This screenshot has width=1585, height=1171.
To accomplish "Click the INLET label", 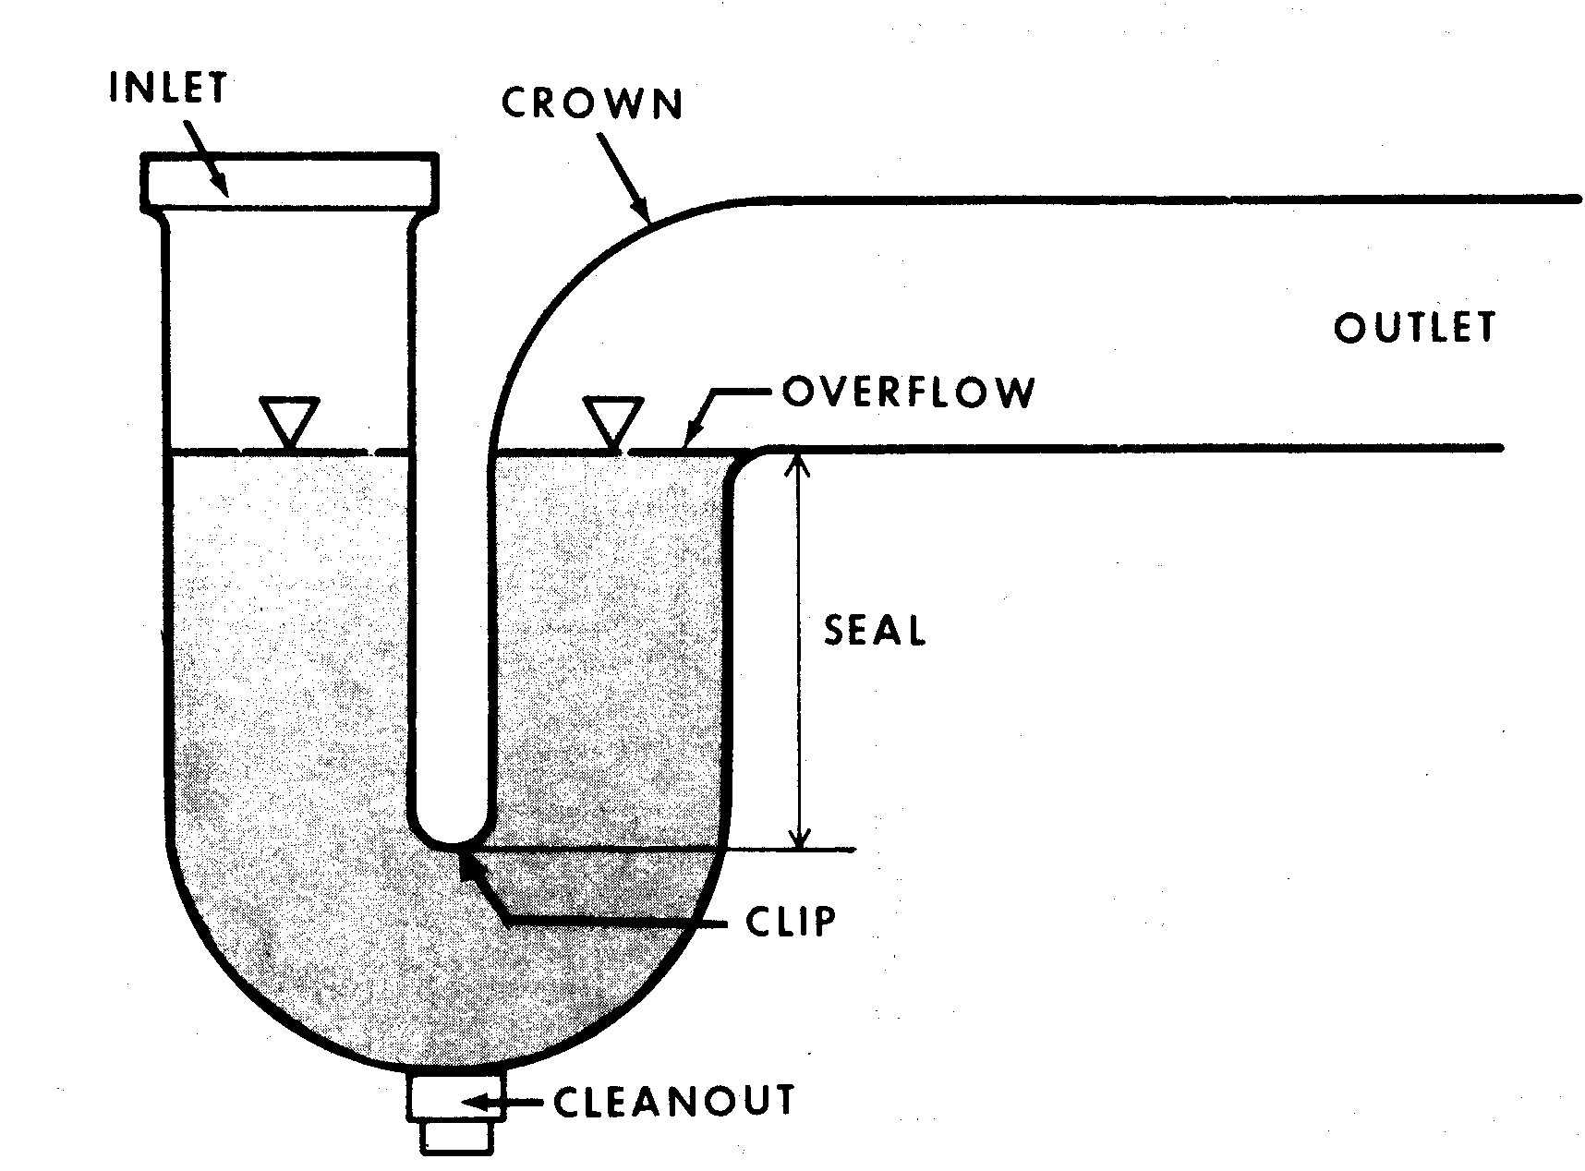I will click(x=168, y=87).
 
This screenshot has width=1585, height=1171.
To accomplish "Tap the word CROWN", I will click(x=592, y=103).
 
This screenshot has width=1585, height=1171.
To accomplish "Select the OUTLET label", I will click(x=1414, y=328).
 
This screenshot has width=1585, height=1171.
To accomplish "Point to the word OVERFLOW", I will click(x=909, y=392).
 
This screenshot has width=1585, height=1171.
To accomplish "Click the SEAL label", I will click(x=875, y=631).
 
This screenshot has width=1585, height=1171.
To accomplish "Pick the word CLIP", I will click(x=791, y=921).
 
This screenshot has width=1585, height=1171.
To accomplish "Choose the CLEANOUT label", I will click(x=674, y=1101).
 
